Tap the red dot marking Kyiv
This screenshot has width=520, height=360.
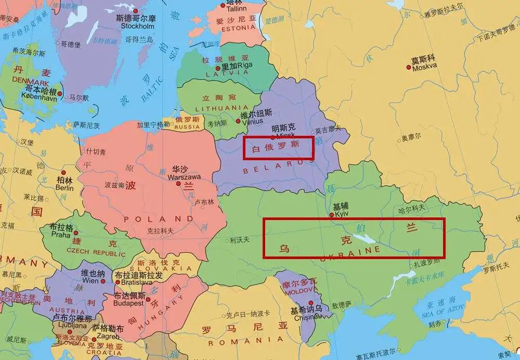coord(332,214)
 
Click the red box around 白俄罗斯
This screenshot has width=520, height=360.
coord(279,148)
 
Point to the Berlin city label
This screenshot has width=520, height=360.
coord(65,187)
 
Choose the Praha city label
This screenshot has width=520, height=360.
coord(60,234)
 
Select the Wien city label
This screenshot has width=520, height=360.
coord(90,280)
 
